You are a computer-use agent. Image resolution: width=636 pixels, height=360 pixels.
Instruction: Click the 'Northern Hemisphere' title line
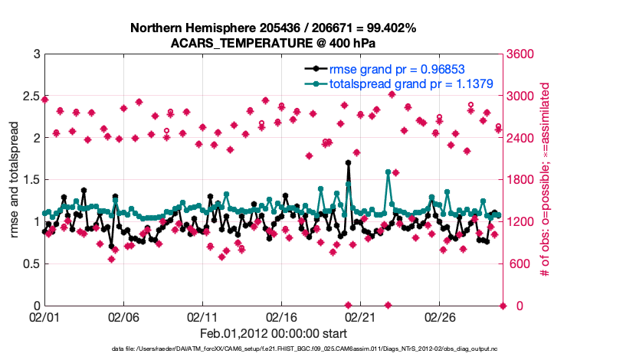[273, 28]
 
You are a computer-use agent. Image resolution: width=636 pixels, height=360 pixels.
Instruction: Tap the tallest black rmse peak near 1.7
[348, 163]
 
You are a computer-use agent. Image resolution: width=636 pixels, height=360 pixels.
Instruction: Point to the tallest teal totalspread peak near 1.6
[388, 172]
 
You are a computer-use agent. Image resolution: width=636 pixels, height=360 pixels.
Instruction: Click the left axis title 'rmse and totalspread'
[15, 180]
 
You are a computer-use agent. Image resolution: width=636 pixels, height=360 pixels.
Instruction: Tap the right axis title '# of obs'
[546, 180]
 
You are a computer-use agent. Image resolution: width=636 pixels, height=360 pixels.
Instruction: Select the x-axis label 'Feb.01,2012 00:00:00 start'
[273, 333]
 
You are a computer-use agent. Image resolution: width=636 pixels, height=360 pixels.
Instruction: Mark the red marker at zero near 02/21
[348, 306]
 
